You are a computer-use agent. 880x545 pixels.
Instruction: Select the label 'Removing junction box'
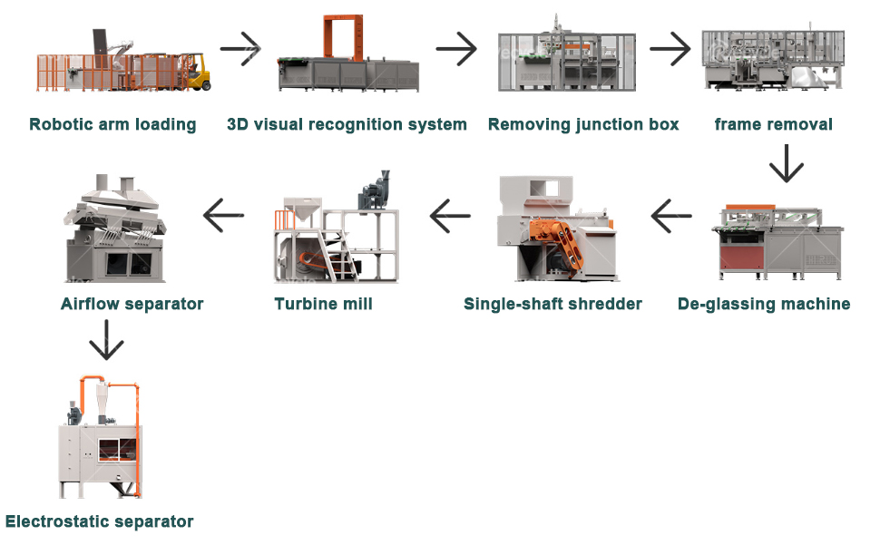[583, 124]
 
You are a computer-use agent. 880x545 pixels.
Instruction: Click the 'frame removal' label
[773, 124]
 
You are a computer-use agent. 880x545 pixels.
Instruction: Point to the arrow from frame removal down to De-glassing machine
[787, 163]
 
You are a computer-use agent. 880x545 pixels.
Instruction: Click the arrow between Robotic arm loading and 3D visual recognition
[240, 49]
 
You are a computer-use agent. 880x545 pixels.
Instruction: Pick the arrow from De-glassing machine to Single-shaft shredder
[671, 216]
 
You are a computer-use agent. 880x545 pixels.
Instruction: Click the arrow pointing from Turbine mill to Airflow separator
[223, 215]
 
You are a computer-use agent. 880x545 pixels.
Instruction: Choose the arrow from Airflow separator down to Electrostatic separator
[106, 340]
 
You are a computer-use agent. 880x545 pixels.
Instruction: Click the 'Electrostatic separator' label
[99, 521]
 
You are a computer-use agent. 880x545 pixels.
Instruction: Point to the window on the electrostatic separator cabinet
[118, 450]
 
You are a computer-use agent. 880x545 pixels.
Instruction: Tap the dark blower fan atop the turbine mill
[374, 190]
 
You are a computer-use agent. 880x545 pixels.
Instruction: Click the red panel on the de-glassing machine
[742, 258]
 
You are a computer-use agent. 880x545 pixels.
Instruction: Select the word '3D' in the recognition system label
[238, 124]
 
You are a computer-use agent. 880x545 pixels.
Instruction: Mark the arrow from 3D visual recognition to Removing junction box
[456, 49]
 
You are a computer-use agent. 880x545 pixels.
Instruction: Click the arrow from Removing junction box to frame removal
[670, 49]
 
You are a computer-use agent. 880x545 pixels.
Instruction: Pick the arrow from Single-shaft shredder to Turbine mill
[450, 216]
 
